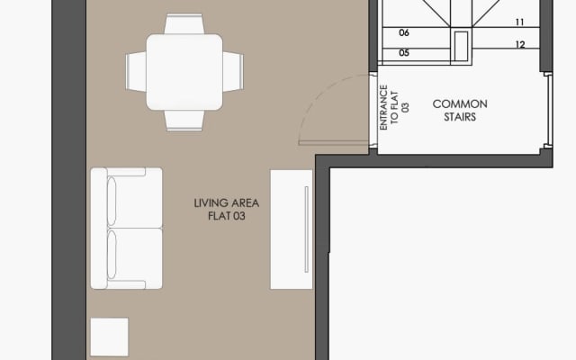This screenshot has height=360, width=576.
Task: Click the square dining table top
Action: point(185,71)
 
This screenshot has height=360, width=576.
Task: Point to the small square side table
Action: point(109,337)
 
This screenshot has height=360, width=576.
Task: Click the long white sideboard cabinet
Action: point(291,229)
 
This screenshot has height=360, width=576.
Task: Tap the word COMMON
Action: point(454,104)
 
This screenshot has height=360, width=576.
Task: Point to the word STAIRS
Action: point(454,117)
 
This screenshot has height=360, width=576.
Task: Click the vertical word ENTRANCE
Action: point(383,108)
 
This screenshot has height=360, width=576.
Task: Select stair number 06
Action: point(404,32)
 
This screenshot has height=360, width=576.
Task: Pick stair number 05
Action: point(404,53)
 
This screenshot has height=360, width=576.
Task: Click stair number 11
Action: point(520,22)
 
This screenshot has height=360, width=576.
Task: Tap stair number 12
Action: point(520,44)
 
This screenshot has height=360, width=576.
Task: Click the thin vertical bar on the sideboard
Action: point(307,229)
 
